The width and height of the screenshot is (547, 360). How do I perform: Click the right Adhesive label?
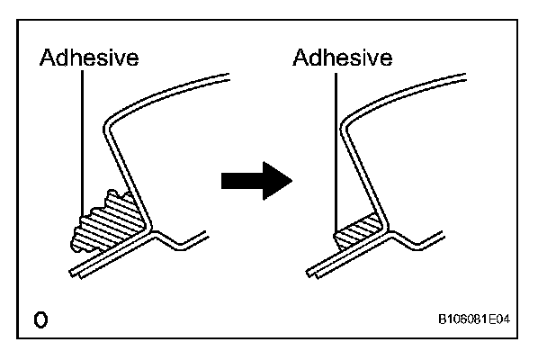pos(343,59)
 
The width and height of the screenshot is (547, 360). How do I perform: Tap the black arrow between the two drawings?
pos(256,183)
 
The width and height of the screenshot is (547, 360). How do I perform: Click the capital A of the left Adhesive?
pos(47,59)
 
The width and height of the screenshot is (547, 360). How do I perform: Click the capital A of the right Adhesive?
pos(301,59)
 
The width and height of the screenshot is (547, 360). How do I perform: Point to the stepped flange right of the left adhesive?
pos(184,239)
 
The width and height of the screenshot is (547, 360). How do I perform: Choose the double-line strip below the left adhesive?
pos(99,261)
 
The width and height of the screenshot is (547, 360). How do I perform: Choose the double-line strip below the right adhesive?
pos(342,259)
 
